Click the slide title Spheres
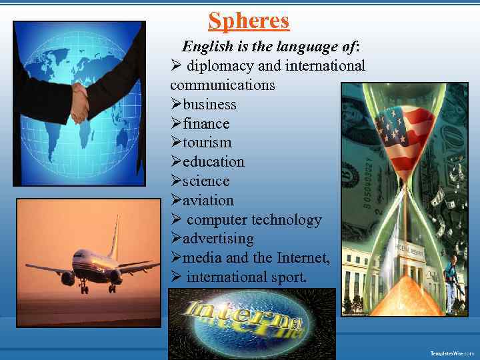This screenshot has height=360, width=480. tap(249, 21)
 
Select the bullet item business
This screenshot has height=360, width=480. tap(209, 105)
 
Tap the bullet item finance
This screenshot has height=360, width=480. tap(206, 124)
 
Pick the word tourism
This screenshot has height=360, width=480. tap(207, 143)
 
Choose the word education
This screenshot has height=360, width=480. tap(213, 162)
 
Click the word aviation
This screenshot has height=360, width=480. tap(208, 201)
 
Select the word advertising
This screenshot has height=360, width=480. tap(218, 239)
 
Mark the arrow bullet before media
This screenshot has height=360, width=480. tap(176, 258)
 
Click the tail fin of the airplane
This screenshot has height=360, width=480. tap(115, 237)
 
